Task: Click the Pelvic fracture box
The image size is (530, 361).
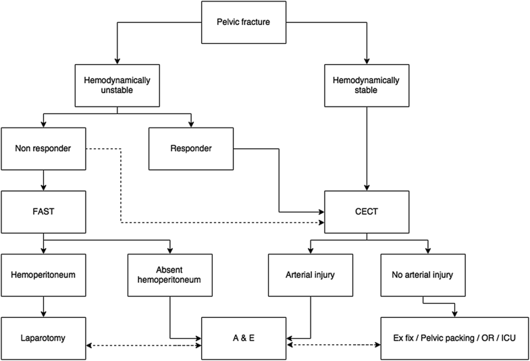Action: (244, 22)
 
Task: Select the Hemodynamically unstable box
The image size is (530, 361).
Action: (117, 85)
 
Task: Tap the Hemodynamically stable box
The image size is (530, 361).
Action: (367, 85)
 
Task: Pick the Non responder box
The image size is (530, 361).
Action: (43, 147)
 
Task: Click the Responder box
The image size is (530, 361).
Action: (191, 147)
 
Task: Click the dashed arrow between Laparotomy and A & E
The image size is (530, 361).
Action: (144, 345)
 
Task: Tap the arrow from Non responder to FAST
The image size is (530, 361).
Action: (43, 179)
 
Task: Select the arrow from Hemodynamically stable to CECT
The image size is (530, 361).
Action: (367, 148)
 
